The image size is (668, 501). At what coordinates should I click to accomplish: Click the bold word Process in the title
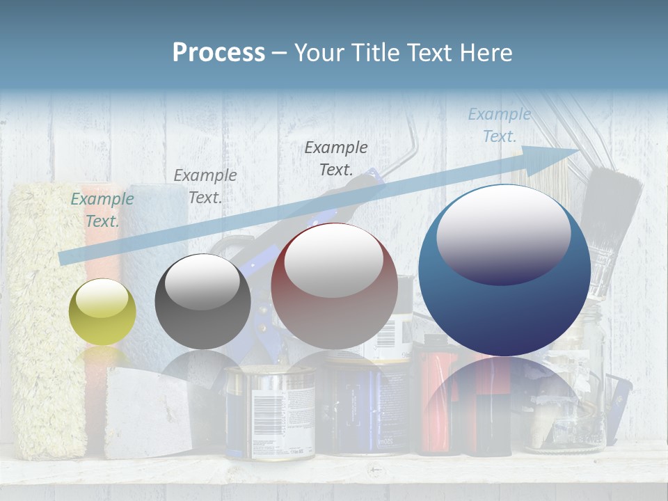218,52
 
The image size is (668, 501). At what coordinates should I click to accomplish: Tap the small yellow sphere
102,312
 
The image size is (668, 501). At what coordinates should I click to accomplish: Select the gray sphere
202,302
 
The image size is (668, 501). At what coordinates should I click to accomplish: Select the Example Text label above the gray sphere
205,186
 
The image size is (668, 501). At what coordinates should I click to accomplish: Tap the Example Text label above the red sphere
336,158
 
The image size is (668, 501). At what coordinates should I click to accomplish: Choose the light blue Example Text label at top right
499,125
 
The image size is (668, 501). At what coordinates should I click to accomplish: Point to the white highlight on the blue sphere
503,234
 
